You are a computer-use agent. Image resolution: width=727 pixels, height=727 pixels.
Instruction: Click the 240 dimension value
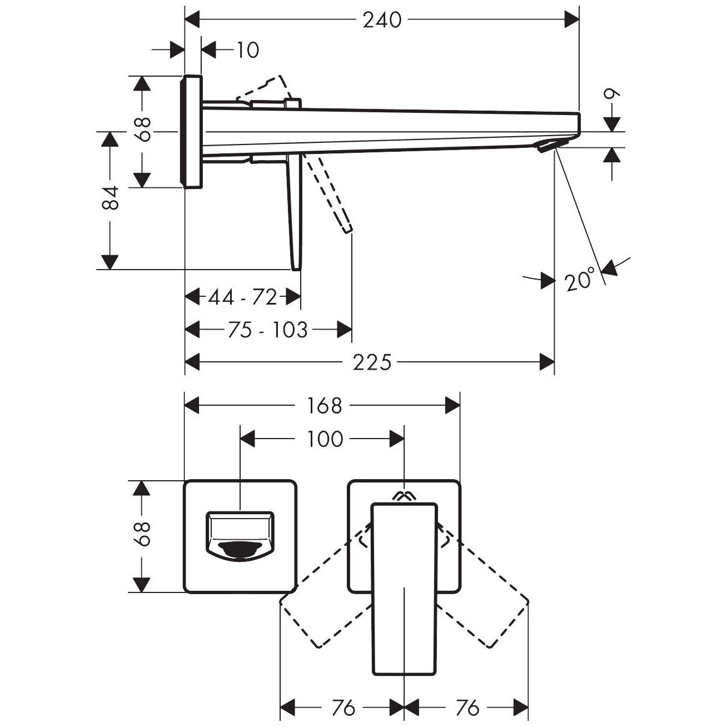click(x=382, y=20)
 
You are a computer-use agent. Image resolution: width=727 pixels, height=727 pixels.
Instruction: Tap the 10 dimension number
click(x=248, y=50)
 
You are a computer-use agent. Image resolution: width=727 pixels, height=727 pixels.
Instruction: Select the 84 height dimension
click(x=110, y=198)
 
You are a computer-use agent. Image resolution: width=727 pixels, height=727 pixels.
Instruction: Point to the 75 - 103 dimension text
click(x=268, y=330)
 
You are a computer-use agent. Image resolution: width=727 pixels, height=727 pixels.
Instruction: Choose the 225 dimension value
click(x=372, y=362)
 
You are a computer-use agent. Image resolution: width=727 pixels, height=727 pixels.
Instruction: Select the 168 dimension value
click(x=325, y=406)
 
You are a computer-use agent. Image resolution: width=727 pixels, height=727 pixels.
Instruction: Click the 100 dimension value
click(x=325, y=439)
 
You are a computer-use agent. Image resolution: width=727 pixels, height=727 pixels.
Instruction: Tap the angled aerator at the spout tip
click(x=552, y=145)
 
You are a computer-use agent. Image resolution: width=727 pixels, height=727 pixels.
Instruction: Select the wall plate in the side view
click(x=192, y=132)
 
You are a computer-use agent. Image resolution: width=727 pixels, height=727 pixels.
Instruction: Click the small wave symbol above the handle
click(x=402, y=496)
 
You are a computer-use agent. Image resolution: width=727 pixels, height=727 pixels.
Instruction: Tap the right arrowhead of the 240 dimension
click(x=571, y=19)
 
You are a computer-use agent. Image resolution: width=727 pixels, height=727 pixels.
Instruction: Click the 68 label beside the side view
click(x=142, y=130)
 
